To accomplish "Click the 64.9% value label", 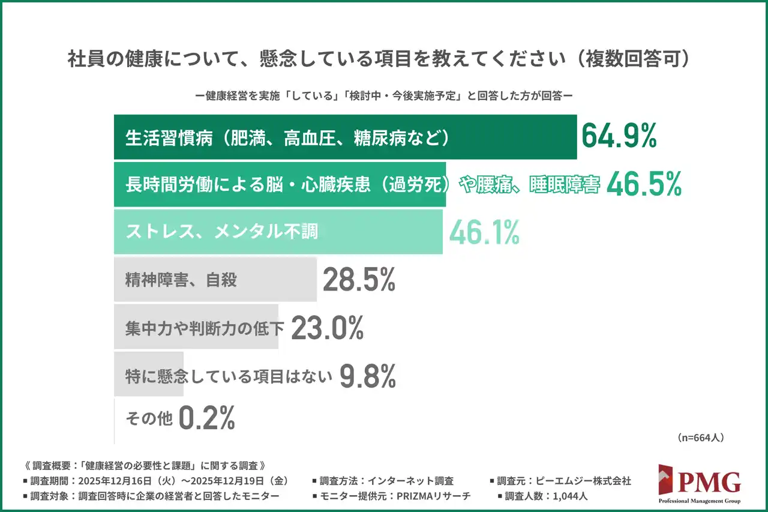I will tap(619, 137).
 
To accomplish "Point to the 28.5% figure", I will tap(359, 280).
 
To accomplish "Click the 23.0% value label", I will tap(328, 328).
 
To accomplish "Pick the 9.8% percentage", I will tap(368, 376).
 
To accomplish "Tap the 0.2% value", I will tap(207, 419).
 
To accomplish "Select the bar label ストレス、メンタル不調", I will tap(221, 232).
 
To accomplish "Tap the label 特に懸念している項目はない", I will tap(229, 376).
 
